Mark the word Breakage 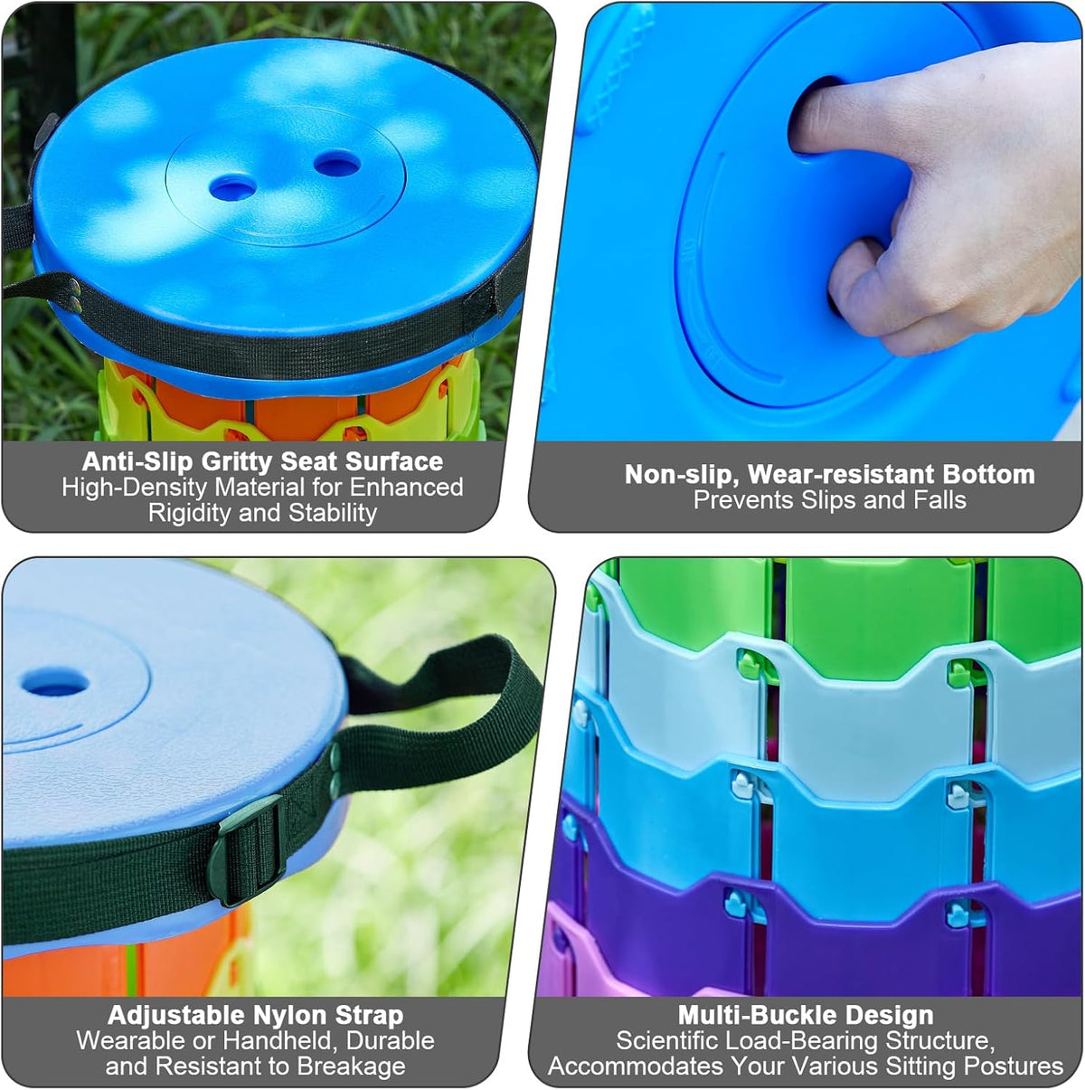pyautogui.click(x=351, y=1066)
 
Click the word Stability pyautogui.click(x=333, y=513)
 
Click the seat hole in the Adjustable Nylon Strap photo pyautogui.click(x=55, y=683)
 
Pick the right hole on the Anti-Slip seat pyautogui.click(x=337, y=164)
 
